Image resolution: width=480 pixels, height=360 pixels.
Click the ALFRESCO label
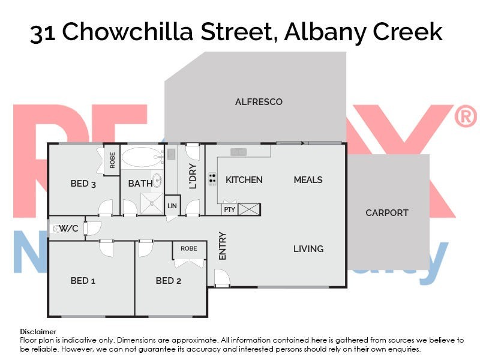point(259,102)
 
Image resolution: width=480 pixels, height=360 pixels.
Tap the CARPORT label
point(387,212)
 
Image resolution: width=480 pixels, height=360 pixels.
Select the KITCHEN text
point(244,180)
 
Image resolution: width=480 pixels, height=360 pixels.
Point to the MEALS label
point(308,180)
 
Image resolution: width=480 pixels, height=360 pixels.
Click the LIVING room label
point(308,248)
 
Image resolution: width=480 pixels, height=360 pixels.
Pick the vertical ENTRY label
point(223,245)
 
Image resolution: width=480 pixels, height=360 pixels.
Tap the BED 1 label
point(83,280)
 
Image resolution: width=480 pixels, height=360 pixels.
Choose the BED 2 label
point(168,280)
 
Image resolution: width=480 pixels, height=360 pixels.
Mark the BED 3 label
point(83,184)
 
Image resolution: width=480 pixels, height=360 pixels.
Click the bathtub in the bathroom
point(142,158)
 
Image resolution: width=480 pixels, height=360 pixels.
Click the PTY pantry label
point(229,209)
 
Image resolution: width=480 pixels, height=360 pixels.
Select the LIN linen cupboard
point(172,205)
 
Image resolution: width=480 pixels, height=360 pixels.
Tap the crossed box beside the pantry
point(250,209)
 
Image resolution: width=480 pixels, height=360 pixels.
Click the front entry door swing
point(221,278)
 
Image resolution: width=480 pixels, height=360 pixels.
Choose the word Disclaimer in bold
point(38,331)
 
